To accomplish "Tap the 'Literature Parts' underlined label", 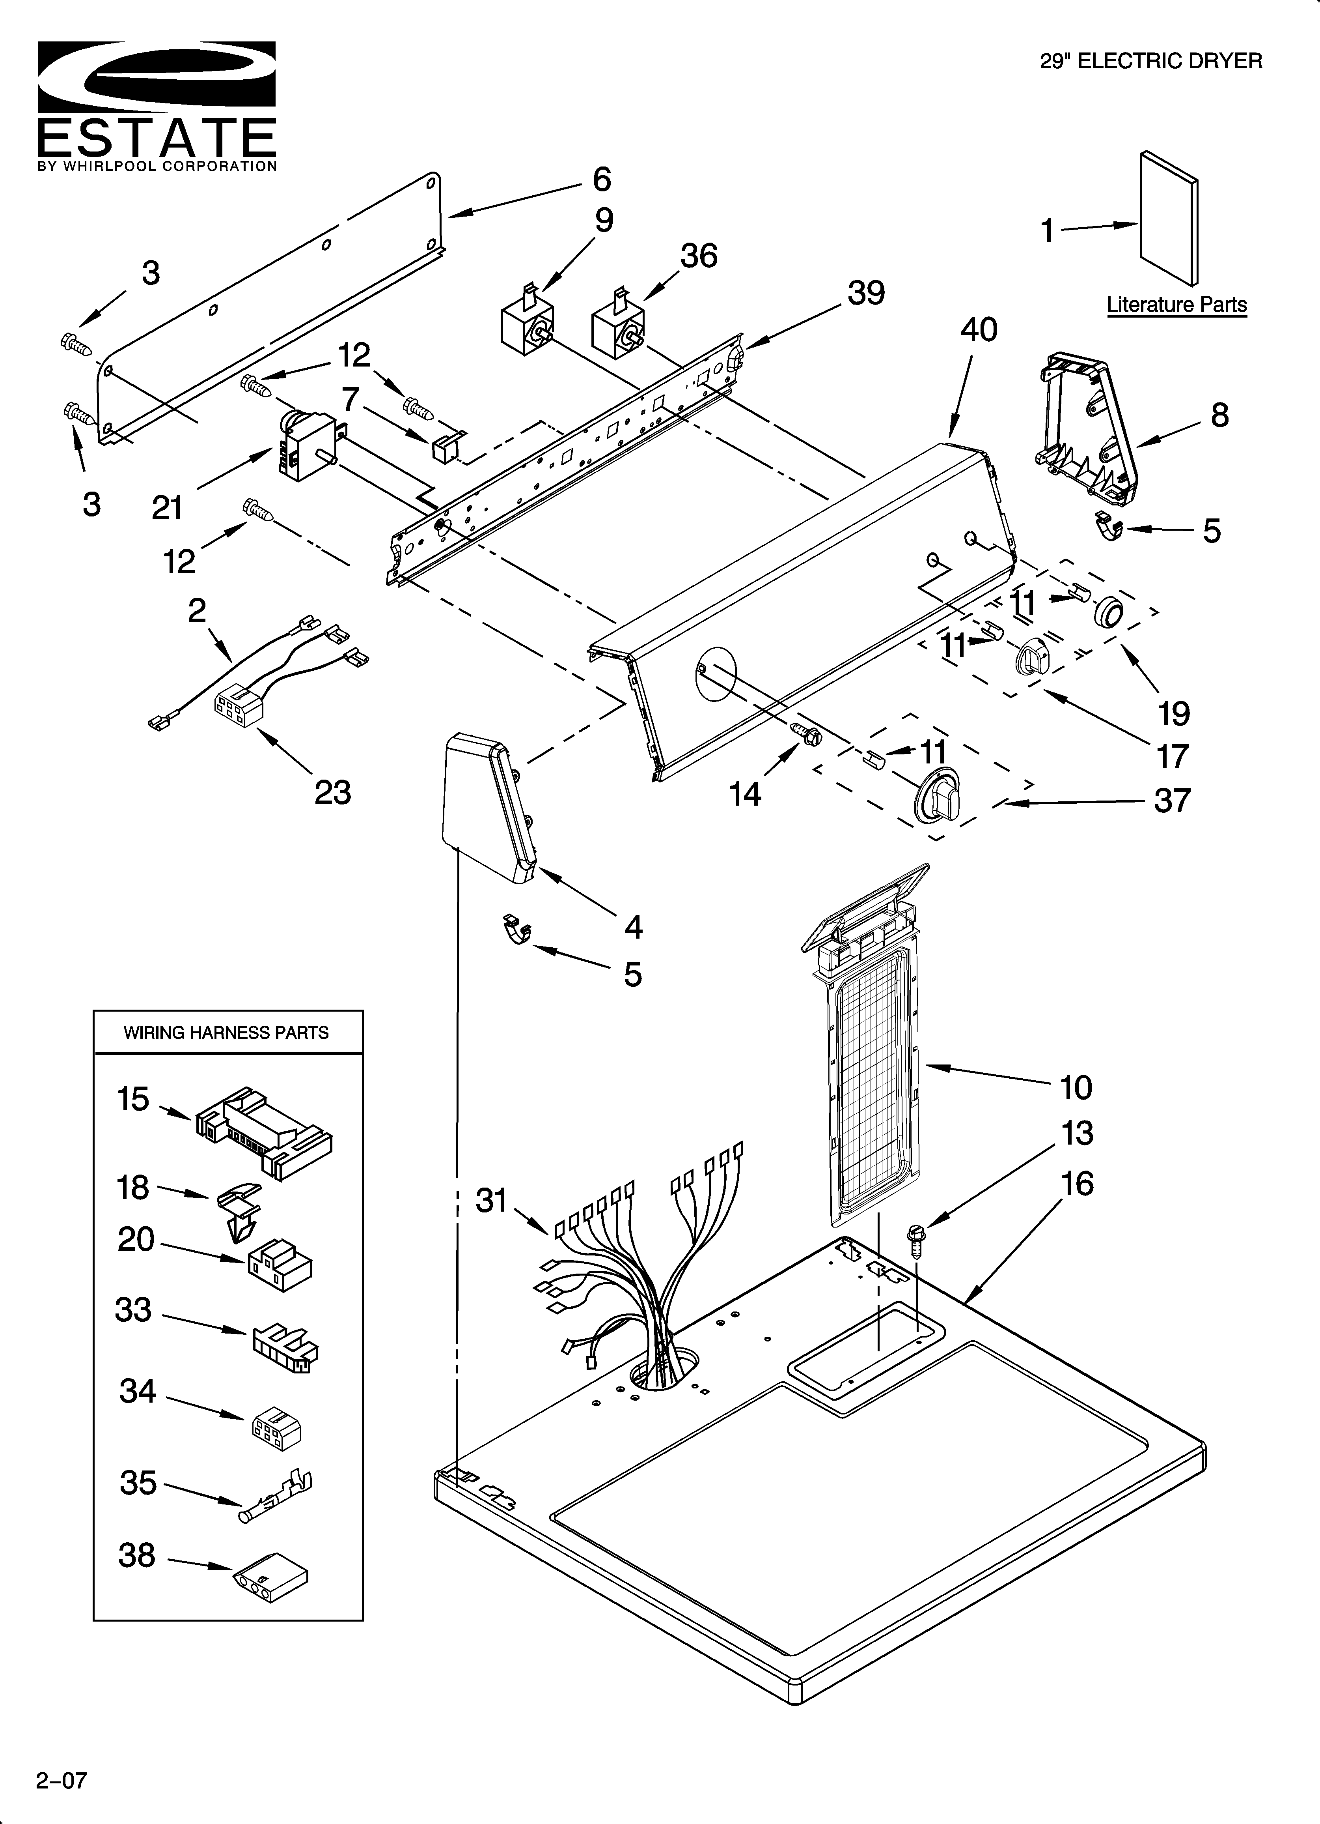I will (1176, 305).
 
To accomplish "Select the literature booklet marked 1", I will (1167, 219).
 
